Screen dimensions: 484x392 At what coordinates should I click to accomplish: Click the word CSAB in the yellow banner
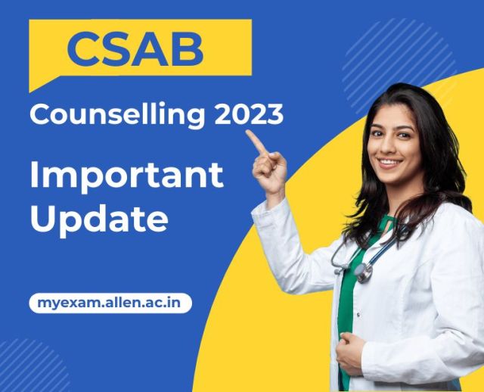[x=135, y=49]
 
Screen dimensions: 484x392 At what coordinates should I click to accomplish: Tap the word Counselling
[x=118, y=115]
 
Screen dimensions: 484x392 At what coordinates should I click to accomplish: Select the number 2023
[x=249, y=114]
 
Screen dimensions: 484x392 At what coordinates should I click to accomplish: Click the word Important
[x=126, y=175]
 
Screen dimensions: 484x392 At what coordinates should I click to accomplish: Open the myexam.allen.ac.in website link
[x=110, y=303]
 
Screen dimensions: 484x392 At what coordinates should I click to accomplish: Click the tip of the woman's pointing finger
[x=247, y=132]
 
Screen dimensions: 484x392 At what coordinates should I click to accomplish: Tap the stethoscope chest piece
[x=364, y=272]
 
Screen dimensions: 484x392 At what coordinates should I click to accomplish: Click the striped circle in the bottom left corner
[x=29, y=366]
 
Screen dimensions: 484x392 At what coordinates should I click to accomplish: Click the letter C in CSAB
[x=82, y=49]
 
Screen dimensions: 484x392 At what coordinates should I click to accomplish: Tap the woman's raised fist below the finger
[x=269, y=170]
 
